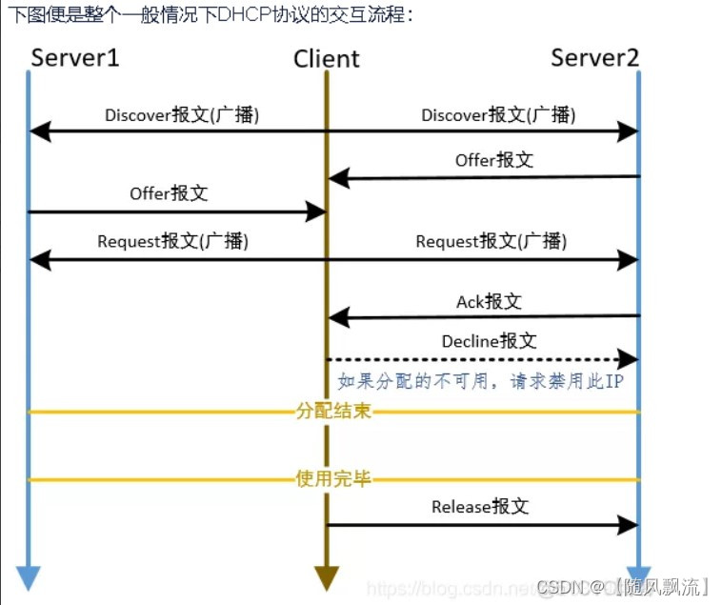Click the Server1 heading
click(x=75, y=57)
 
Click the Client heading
click(x=327, y=59)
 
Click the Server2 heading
click(x=595, y=57)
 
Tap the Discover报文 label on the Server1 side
click(x=181, y=114)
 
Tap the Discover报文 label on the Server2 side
click(x=498, y=114)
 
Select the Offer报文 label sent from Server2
click(x=493, y=160)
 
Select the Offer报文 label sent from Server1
click(x=169, y=193)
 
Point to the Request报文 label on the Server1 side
click(x=172, y=242)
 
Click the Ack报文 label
click(x=489, y=302)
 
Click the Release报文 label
click(x=480, y=507)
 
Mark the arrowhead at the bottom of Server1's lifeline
click(x=29, y=577)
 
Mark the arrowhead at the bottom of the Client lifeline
click(x=327, y=577)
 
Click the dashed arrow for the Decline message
click(x=476, y=359)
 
